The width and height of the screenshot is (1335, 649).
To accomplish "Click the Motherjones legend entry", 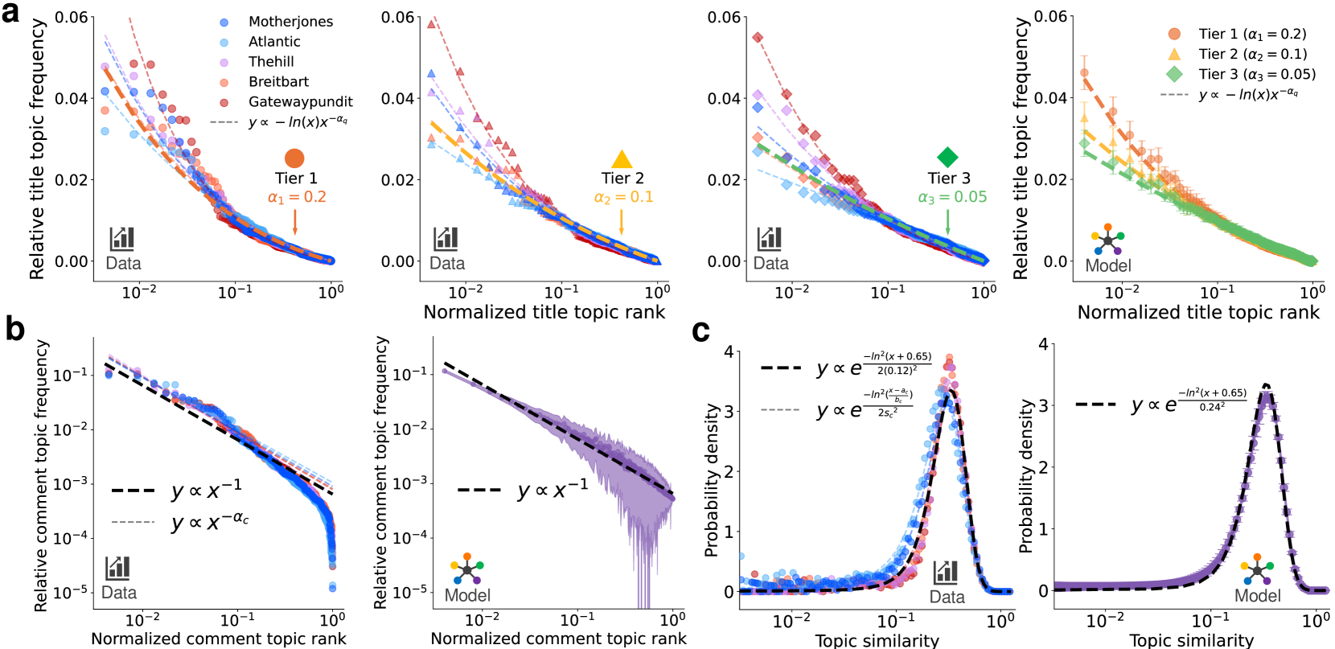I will click(290, 22).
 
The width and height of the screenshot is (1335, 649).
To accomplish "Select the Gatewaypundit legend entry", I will click(300, 101).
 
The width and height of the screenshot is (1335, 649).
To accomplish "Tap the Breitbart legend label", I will click(278, 81).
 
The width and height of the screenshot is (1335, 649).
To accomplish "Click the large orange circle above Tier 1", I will click(294, 158).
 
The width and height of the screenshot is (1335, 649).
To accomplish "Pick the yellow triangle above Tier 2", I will click(622, 159).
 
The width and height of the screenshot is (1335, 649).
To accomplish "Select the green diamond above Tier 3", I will click(947, 158).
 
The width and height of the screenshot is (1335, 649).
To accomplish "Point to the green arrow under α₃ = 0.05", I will click(947, 221).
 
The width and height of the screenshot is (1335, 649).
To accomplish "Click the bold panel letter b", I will click(14, 329).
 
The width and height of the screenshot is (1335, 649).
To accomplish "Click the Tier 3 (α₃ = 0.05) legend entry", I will click(1256, 74).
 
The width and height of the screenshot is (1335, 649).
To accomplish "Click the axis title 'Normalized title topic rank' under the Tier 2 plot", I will click(544, 312).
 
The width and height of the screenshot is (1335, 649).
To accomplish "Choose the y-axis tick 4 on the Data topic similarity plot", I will click(729, 351).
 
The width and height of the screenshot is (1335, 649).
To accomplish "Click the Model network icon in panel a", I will click(1107, 240).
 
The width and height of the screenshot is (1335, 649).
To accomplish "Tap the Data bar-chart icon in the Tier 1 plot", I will click(122, 239).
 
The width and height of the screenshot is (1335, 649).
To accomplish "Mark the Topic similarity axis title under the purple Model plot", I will click(1191, 640).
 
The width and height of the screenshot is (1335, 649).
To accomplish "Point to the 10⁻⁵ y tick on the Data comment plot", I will click(71, 593).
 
